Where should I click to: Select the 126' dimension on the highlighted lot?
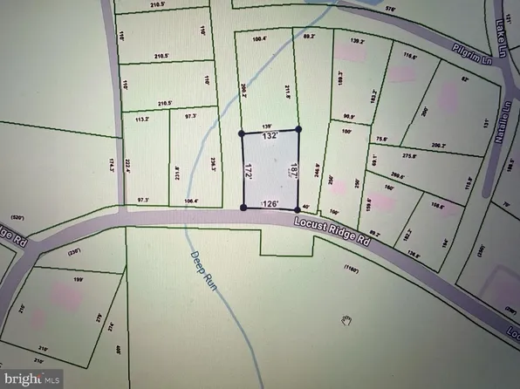click(x=269, y=204)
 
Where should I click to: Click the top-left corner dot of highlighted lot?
click(x=243, y=133)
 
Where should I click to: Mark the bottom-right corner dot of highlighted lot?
click(x=297, y=207)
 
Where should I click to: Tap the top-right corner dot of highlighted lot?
click(x=298, y=129)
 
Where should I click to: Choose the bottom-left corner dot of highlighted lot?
click(x=243, y=208)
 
